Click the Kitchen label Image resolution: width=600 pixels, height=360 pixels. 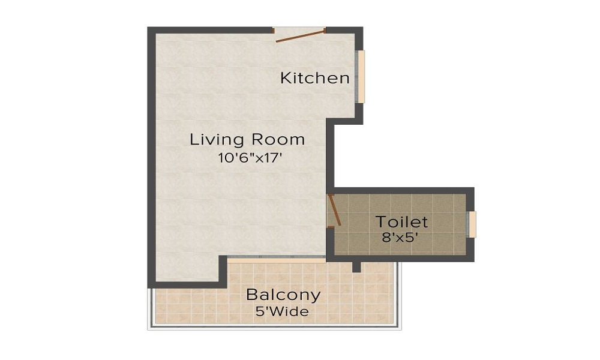pos(315,78)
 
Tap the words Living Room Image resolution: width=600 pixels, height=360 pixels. pos(247,140)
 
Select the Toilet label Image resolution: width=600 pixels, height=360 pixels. pos(401,221)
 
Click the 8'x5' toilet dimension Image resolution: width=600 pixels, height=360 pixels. pos(400,237)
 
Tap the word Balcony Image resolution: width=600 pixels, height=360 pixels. pos(283,295)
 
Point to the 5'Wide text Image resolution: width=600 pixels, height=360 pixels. pos(281,312)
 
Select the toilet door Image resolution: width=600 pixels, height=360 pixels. pos(334,210)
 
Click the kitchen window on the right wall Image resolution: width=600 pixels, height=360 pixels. pos(361,76)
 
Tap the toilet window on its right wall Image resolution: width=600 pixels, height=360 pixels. pos(472,224)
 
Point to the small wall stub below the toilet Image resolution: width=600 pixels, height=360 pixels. pos(356,266)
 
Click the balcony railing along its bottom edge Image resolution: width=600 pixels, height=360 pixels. pos(274,327)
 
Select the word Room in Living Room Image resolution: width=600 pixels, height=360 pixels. pos(278,140)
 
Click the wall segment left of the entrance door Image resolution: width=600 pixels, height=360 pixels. pos(210,30)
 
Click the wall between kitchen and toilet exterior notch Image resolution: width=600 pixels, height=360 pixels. pos(329,156)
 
